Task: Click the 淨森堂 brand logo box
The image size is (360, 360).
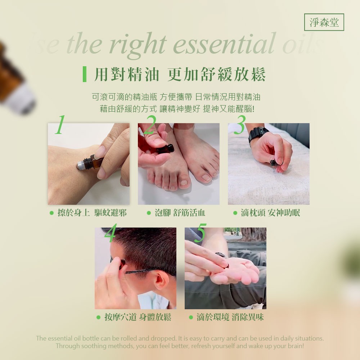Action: pyautogui.click(x=324, y=22)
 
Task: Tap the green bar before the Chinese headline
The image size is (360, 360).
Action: pyautogui.click(x=85, y=74)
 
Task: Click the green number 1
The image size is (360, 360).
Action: pyautogui.click(x=60, y=125)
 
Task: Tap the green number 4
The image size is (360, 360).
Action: pyautogui.click(x=110, y=232)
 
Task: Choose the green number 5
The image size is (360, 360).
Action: pyautogui.click(x=200, y=232)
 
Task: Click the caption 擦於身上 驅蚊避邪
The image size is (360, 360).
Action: pyautogui.click(x=92, y=213)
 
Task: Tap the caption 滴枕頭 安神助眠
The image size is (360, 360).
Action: pyautogui.click(x=270, y=213)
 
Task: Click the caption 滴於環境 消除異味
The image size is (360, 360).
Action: pyautogui.click(x=230, y=317)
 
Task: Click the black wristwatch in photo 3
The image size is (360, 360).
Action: pyautogui.click(x=258, y=134)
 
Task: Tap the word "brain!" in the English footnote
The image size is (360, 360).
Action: pyautogui.click(x=295, y=346)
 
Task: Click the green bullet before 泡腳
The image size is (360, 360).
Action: pyautogui.click(x=149, y=213)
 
